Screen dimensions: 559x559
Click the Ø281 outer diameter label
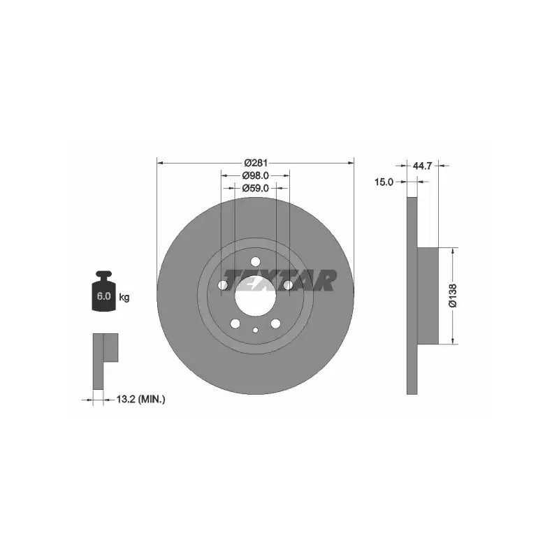click(256, 163)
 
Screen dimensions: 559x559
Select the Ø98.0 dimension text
click(255, 175)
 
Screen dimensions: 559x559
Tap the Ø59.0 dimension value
click(255, 188)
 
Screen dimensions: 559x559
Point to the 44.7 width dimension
click(423, 166)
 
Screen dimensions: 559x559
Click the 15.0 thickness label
click(384, 182)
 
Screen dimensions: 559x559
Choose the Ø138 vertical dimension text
click(453, 296)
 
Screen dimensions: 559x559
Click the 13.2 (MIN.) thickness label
click(141, 399)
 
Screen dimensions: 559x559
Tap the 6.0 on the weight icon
click(103, 296)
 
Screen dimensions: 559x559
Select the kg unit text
click(124, 297)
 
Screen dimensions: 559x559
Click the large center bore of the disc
click(256, 296)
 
